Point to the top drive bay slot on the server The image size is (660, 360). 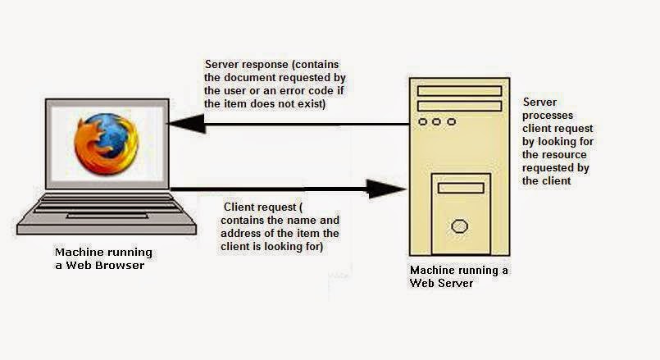(x=459, y=90)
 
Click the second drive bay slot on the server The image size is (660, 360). (x=459, y=106)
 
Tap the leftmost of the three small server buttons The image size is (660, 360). (x=423, y=122)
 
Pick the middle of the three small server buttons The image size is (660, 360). (x=437, y=122)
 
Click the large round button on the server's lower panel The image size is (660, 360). (x=460, y=226)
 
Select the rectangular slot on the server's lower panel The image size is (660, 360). (x=460, y=189)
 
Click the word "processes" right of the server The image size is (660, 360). (x=548, y=116)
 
